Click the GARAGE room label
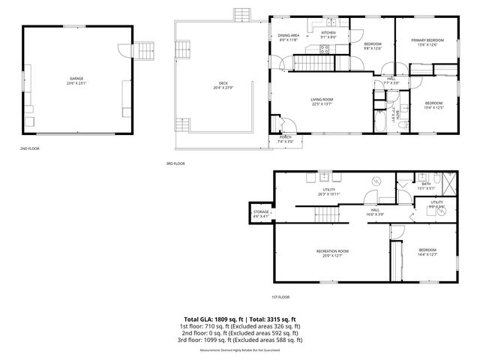pyautogui.click(x=76, y=79)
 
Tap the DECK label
pyautogui.click(x=223, y=84)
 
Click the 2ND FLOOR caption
pyautogui.click(x=29, y=148)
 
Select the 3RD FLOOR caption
pyautogui.click(x=175, y=163)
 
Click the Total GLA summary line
pyautogui.click(x=240, y=319)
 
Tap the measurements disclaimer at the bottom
pyautogui.click(x=240, y=349)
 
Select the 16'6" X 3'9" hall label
pyautogui.click(x=375, y=212)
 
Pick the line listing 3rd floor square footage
pyautogui.click(x=240, y=340)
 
